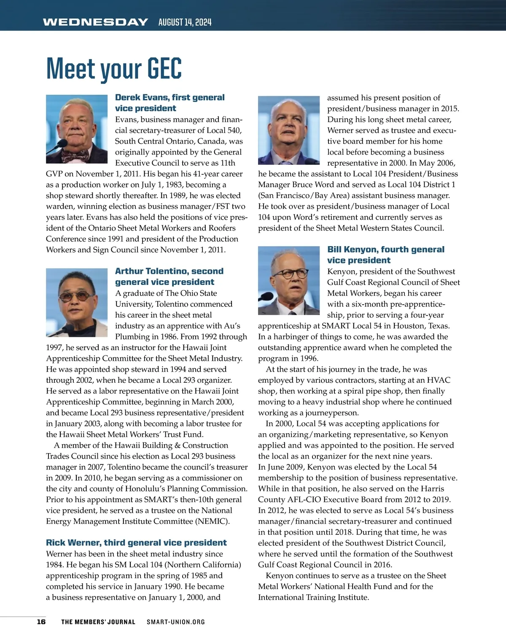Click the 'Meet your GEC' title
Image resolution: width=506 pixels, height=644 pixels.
pyautogui.click(x=114, y=69)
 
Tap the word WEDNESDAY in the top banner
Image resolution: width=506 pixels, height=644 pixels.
pyautogui.click(x=95, y=22)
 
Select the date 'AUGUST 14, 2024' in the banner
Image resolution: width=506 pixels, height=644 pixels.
pyautogui.click(x=185, y=22)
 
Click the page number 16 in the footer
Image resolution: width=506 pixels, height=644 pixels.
pyautogui.click(x=41, y=622)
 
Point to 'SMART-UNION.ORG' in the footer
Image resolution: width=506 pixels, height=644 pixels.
pyautogui.click(x=176, y=622)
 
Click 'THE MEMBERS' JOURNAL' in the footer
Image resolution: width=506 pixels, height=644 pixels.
pyautogui.click(x=98, y=622)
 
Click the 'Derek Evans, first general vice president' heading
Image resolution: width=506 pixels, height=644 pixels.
pyautogui.click(x=170, y=103)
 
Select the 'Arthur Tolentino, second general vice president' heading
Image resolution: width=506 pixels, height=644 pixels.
pyautogui.click(x=169, y=276)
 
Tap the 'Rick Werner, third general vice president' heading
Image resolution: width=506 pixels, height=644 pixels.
pyautogui.click(x=136, y=542)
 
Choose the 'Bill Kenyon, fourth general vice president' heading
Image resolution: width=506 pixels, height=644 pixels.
pyautogui.click(x=385, y=255)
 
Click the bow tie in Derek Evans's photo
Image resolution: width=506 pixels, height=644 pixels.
pyautogui.click(x=75, y=155)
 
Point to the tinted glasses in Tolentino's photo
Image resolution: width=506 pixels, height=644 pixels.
pyautogui.click(x=77, y=296)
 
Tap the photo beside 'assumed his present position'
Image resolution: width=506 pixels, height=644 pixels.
pyautogui.click(x=289, y=130)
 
